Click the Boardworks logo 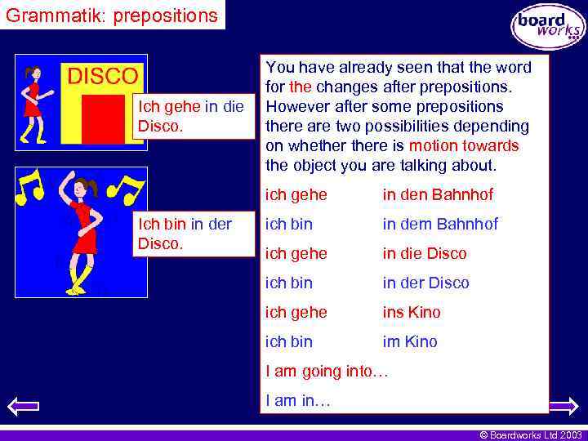548,27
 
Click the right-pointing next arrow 564,405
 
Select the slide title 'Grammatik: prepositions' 113,15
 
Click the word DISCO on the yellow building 102,77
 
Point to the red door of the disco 103,119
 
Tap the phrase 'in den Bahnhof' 438,194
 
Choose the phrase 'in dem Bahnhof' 440,224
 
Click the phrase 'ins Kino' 412,312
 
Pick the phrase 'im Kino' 410,341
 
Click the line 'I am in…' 298,400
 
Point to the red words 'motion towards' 464,145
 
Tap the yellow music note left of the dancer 29,187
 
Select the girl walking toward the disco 33,102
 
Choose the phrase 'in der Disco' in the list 426,283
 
